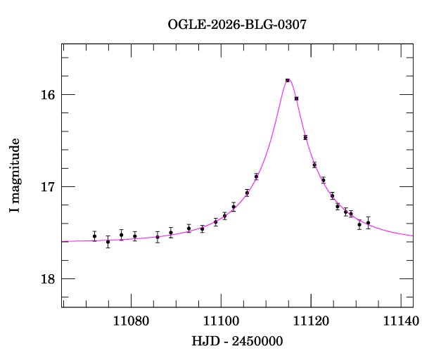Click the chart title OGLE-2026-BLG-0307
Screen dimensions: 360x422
click(x=237, y=25)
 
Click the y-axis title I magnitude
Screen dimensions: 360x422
click(x=15, y=176)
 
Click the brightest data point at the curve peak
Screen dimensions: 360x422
click(x=288, y=81)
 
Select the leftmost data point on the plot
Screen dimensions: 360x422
click(x=94, y=236)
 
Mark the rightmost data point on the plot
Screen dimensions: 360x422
click(x=368, y=222)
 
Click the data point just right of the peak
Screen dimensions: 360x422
click(x=297, y=98)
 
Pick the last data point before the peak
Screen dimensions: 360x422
click(x=256, y=176)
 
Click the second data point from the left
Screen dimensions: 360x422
click(x=108, y=241)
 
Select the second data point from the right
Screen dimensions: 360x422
click(x=359, y=225)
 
